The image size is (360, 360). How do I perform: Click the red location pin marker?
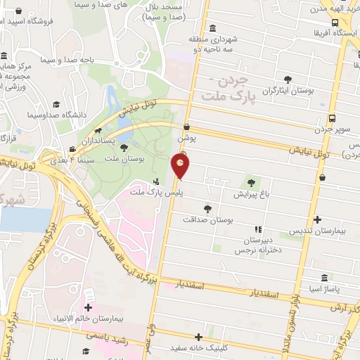click(181, 166)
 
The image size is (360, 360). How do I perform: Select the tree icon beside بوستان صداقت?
click(207, 209)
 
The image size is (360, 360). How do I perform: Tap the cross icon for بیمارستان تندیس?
click(319, 219)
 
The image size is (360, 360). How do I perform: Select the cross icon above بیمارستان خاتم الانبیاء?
click(88, 307)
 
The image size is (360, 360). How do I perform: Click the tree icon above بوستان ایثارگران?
click(287, 79)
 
